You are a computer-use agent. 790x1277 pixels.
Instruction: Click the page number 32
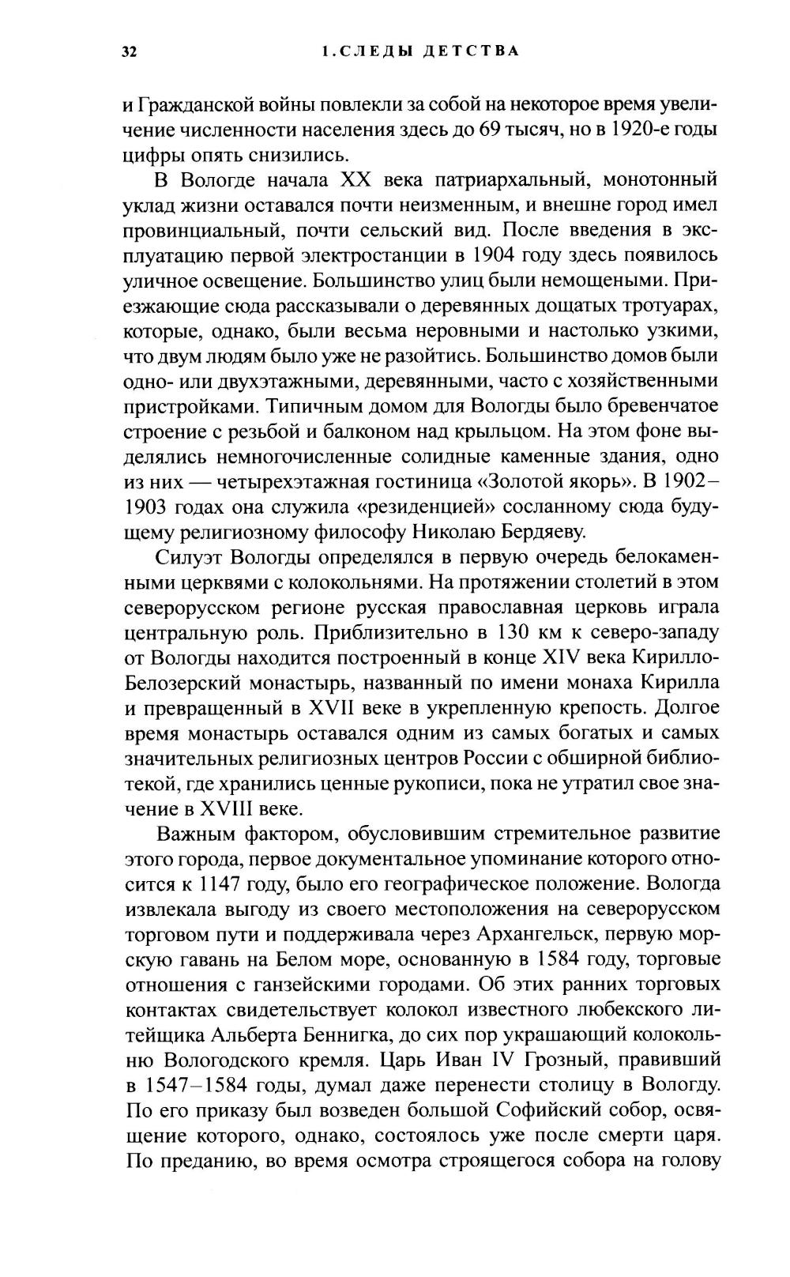[x=130, y=53]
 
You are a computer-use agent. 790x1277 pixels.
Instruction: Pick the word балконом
[x=438, y=431]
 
